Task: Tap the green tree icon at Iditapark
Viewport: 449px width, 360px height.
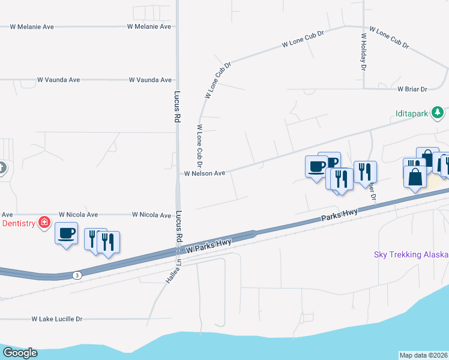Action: pyautogui.click(x=438, y=112)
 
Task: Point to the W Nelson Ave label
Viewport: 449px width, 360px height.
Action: pyautogui.click(x=204, y=173)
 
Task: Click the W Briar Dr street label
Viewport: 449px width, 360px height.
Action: pyautogui.click(x=412, y=89)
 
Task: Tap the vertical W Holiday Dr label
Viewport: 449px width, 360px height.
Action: pyautogui.click(x=363, y=52)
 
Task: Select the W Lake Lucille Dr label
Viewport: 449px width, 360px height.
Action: pyautogui.click(x=56, y=319)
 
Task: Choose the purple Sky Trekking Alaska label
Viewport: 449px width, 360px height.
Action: pyautogui.click(x=411, y=254)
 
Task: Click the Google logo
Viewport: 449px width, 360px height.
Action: pyautogui.click(x=19, y=353)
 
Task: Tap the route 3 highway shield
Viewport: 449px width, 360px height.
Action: pyautogui.click(x=76, y=275)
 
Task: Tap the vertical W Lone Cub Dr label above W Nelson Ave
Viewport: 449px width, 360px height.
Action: pyautogui.click(x=199, y=146)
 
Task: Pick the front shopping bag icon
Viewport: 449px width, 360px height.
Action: pyautogui.click(x=415, y=177)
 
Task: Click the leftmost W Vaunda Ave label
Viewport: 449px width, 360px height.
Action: pyautogui.click(x=58, y=80)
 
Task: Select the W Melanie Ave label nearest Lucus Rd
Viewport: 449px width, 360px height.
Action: pyautogui.click(x=149, y=27)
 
